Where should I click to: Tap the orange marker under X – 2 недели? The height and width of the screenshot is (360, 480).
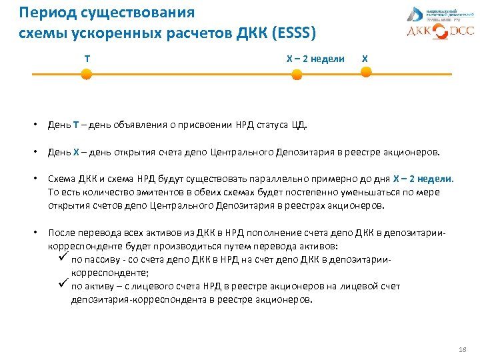pos(297,77)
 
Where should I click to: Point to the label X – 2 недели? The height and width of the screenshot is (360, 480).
pos(315,59)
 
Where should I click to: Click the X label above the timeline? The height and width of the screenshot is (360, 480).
pos(364,59)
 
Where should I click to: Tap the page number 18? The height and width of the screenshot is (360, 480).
pos(464,349)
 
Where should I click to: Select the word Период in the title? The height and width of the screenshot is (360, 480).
pos(45,13)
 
